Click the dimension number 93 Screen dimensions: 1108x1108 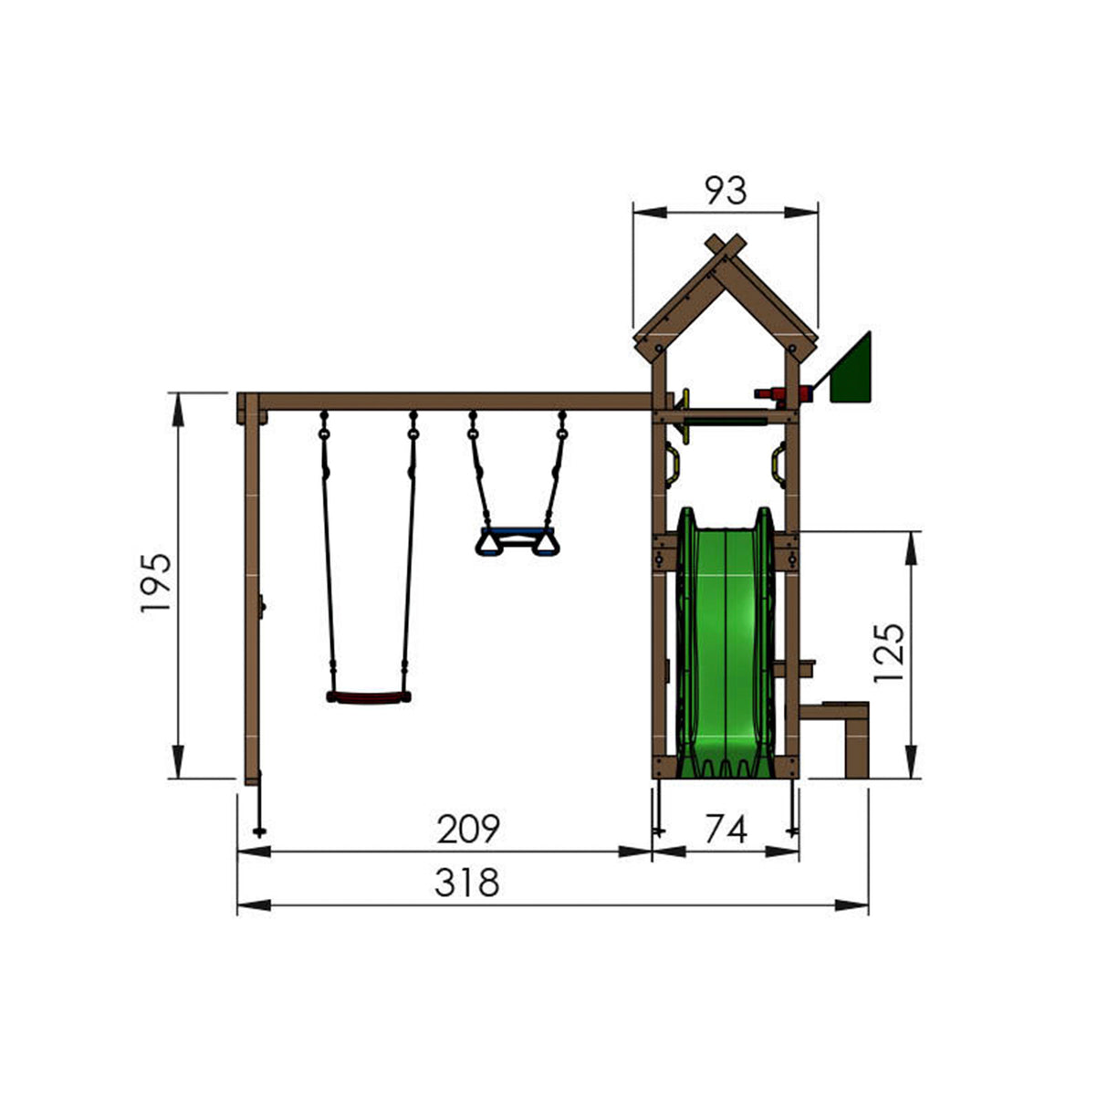pyautogui.click(x=726, y=191)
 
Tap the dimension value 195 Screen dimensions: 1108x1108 pyautogui.click(x=156, y=582)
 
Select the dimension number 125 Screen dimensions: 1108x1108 pyautogui.click(x=888, y=653)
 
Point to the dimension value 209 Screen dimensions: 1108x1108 pyautogui.click(x=468, y=829)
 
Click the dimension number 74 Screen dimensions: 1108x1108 pyautogui.click(x=726, y=830)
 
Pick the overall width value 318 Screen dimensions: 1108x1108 pyautogui.click(x=466, y=883)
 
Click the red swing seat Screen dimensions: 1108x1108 pyautogui.click(x=368, y=697)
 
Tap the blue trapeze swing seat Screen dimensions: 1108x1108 pyautogui.click(x=517, y=538)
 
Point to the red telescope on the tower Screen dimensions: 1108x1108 pyautogui.click(x=780, y=394)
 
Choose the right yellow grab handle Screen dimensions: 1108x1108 pyautogui.click(x=779, y=463)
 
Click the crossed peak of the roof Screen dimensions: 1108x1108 pyautogui.click(x=726, y=248)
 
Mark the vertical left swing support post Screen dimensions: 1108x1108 pyautogui.click(x=252, y=593)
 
